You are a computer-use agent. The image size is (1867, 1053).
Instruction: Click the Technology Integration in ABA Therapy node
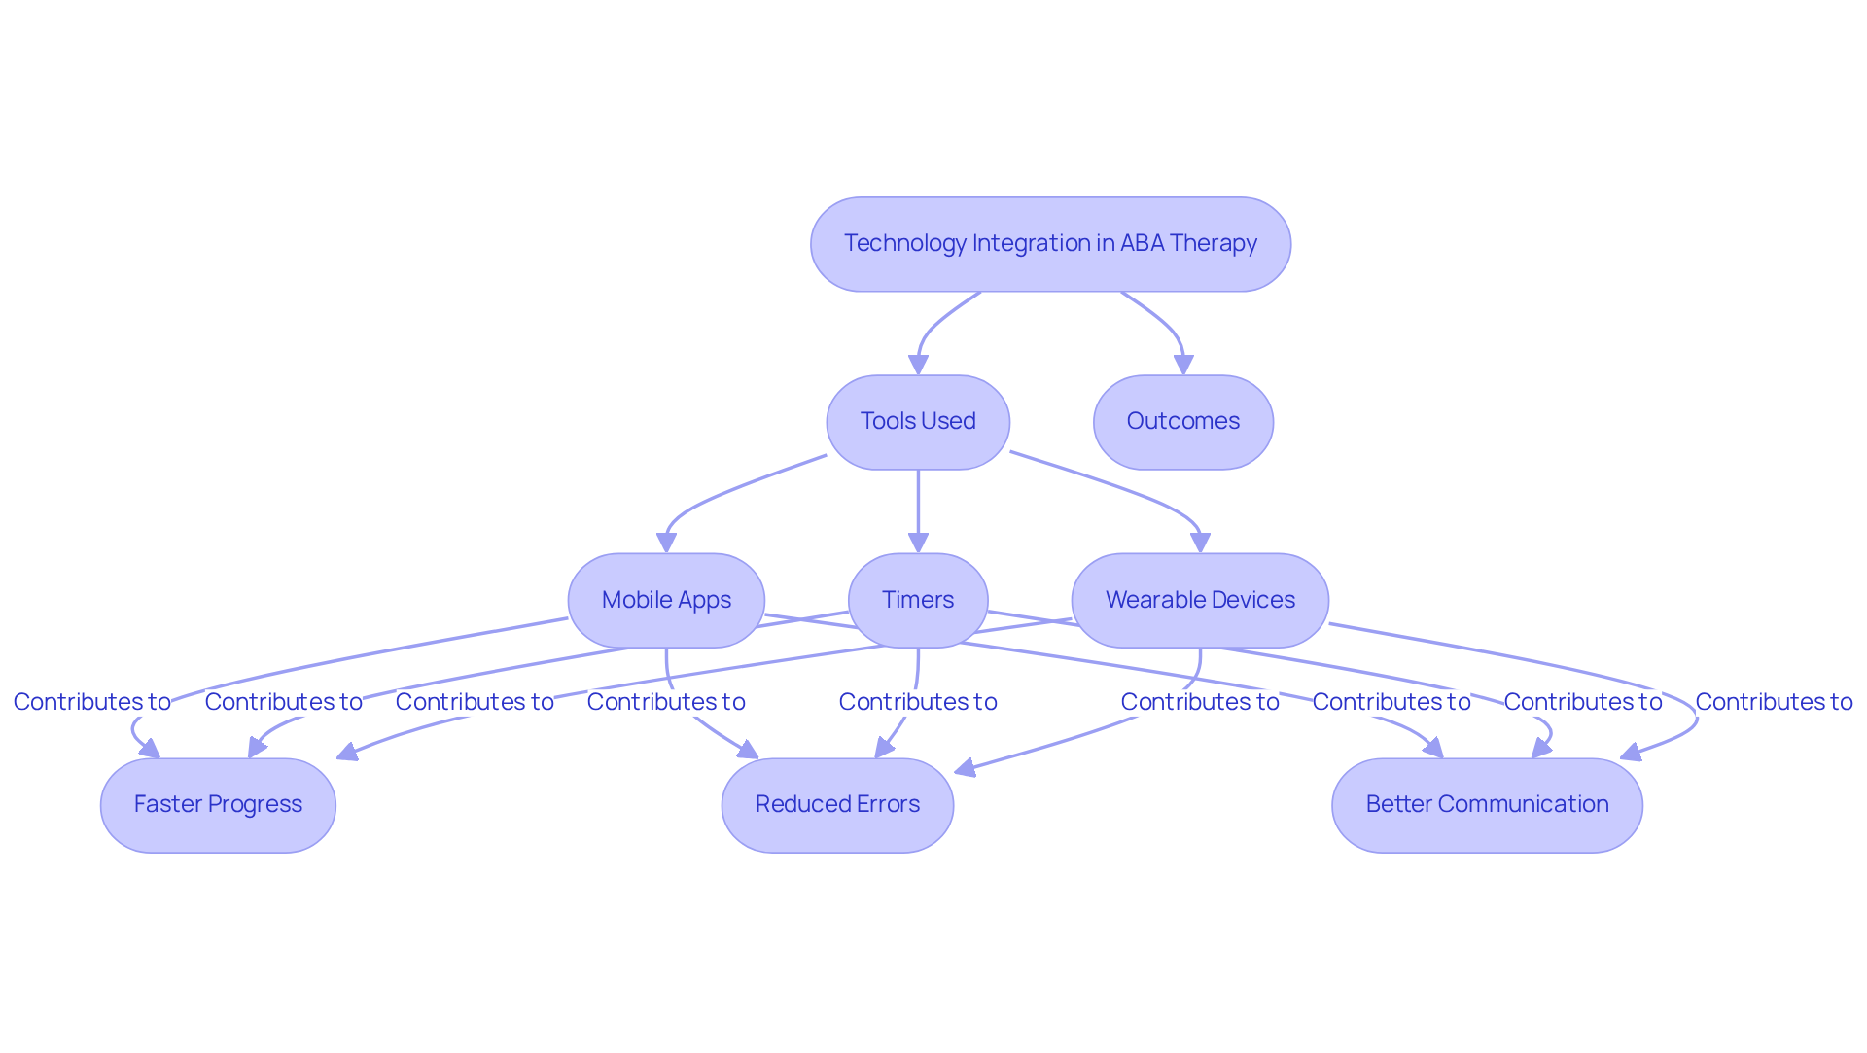tap(1050, 244)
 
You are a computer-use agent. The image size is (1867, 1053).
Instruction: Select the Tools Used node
tap(918, 422)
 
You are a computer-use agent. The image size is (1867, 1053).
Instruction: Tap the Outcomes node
tap(1182, 422)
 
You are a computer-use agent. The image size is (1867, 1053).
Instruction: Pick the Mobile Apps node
tap(666, 600)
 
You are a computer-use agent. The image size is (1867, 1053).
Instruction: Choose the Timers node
tap(918, 600)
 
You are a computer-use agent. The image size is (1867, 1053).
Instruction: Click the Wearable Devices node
tap(1200, 600)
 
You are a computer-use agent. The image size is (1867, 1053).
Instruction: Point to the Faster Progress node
tap(218, 805)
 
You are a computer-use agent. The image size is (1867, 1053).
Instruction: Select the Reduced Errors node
tap(837, 805)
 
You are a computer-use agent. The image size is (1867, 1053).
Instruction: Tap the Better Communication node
tap(1487, 805)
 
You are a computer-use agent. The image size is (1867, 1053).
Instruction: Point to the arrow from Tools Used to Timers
tap(918, 506)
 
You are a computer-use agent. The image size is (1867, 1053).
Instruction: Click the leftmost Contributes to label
tap(91, 702)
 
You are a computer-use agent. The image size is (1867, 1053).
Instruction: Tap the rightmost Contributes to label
tap(1774, 702)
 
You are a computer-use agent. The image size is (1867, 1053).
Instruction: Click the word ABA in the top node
tap(1142, 243)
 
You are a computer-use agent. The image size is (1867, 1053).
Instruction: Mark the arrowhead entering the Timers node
tap(918, 544)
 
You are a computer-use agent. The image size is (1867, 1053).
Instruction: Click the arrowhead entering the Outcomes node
tap(1183, 365)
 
